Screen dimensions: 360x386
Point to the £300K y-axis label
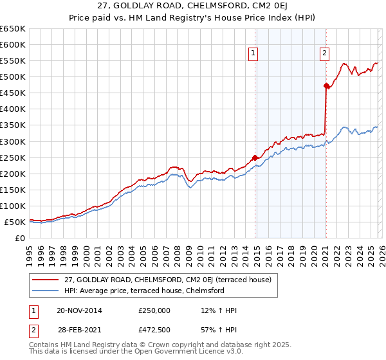coord(13,141)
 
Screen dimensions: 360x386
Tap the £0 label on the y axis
coord(19,238)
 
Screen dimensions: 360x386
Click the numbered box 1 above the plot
coord(253,54)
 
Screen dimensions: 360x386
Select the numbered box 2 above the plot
coord(324,54)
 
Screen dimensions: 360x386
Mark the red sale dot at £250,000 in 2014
coord(255,157)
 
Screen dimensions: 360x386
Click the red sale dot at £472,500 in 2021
coord(326,85)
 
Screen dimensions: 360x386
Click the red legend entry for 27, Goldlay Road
coord(168,280)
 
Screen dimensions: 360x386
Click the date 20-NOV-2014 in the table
coord(79,310)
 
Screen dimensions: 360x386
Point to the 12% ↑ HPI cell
coord(219,310)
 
